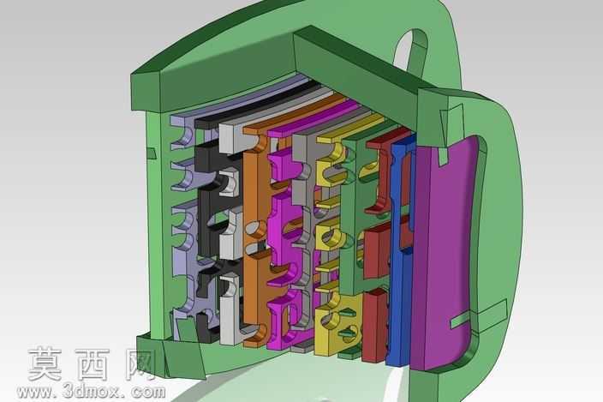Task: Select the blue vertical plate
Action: click(399, 254)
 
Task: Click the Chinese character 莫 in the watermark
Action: click(45, 364)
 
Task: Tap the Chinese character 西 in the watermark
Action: click(93, 364)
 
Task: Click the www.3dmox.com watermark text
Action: click(92, 392)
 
